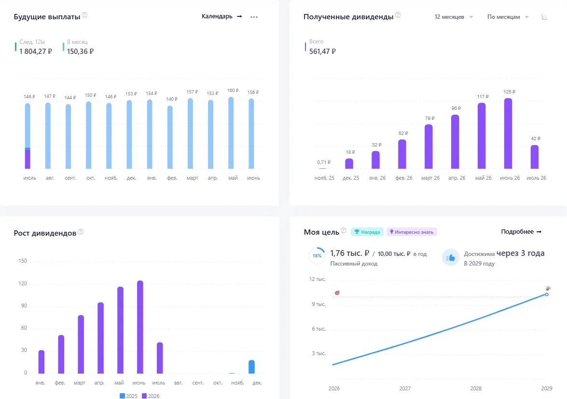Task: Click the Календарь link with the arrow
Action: pos(221,16)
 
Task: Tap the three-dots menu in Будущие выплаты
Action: pos(254,17)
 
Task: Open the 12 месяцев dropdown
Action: pos(454,17)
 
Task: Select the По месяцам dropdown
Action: pos(508,17)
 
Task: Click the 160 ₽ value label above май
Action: pos(233,90)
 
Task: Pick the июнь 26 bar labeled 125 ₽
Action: pos(508,133)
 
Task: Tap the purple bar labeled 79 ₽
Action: pos(429,146)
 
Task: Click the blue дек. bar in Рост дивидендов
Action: pos(252,367)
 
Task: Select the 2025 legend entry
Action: pos(128,396)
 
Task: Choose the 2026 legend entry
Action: pos(151,396)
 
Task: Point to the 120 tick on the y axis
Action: pos(23,283)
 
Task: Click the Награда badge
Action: pos(367,232)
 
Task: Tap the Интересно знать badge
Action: pos(412,232)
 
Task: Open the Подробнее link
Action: pos(521,232)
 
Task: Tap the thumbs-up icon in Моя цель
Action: pos(451,257)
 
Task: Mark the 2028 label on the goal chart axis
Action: pos(476,388)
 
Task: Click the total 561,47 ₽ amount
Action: pos(322,51)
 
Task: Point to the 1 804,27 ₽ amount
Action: pos(36,51)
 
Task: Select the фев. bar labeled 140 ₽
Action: pos(170,137)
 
